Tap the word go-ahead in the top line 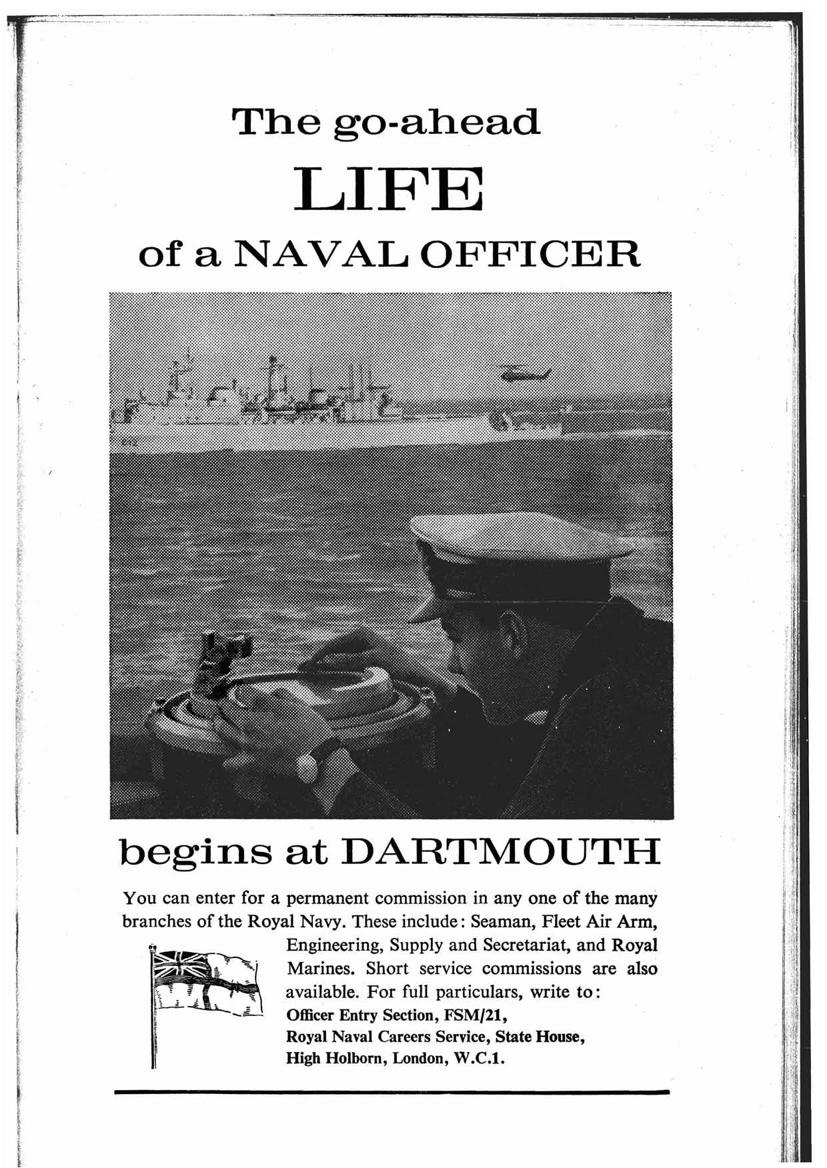click(437, 122)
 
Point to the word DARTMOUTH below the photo click(504, 853)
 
